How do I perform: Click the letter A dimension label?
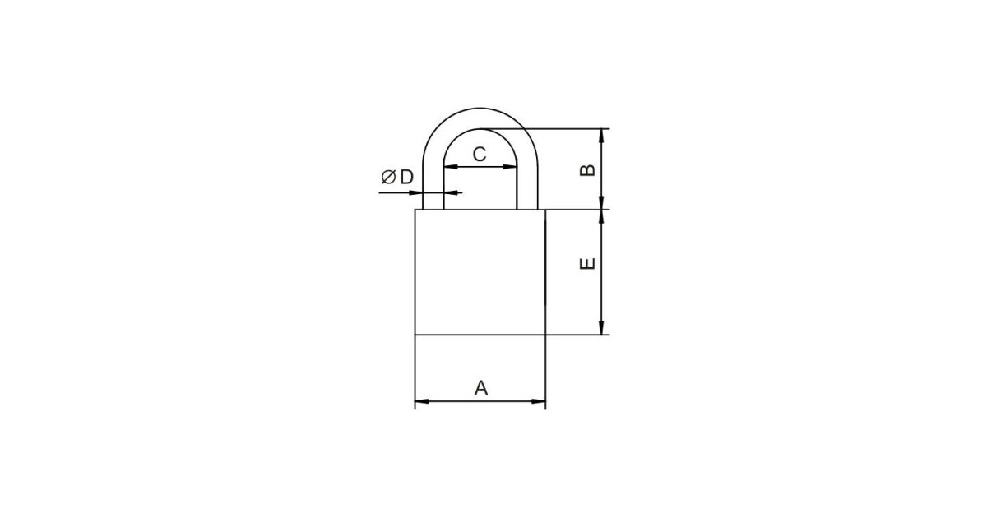[x=480, y=388]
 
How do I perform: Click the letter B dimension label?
[x=587, y=170]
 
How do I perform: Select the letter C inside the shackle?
[x=480, y=155]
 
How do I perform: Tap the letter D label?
[x=406, y=177]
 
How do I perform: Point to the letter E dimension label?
[x=587, y=263]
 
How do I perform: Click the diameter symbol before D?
[x=388, y=177]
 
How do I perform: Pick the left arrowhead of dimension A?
[x=422, y=401]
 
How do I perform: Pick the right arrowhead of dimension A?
[x=539, y=401]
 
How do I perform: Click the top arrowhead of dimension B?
[x=601, y=136]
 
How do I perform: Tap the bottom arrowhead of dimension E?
[x=601, y=328]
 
